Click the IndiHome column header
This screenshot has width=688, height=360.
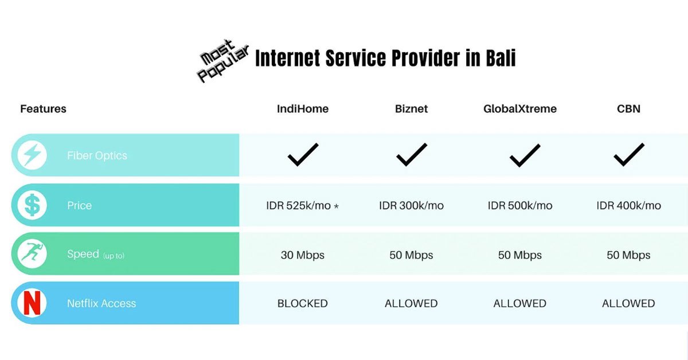pos(303,109)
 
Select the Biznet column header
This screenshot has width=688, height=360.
pos(411,109)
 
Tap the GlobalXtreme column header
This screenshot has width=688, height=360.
pos(520,109)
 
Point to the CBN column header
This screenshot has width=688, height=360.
pos(628,109)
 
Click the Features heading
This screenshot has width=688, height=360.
pos(43,109)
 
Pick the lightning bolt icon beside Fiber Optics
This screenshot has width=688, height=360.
pos(32,155)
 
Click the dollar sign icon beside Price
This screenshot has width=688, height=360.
pos(32,205)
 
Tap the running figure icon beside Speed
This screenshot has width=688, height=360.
pos(32,254)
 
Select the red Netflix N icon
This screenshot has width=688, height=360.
pos(32,303)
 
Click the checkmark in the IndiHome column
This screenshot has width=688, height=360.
pos(303,155)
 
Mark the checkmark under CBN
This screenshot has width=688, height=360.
pos(628,155)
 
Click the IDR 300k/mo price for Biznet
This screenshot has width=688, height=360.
pos(411,206)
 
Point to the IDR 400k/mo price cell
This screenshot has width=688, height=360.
pos(628,206)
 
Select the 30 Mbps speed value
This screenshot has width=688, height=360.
pos(303,255)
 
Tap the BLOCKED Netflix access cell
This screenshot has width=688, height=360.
pos(303,304)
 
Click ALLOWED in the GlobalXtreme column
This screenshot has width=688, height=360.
pos(520,304)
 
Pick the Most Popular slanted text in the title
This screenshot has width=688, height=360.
pos(224,60)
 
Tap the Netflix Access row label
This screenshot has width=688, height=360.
pos(101,304)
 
